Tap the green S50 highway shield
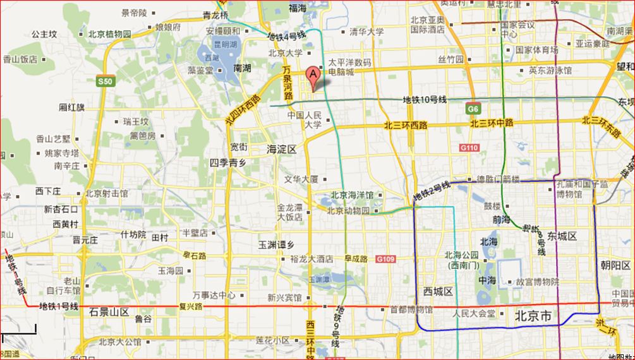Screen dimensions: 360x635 pyautogui.click(x=105, y=81)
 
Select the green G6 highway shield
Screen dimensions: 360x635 pyautogui.click(x=473, y=109)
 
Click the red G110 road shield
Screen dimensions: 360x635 pyautogui.click(x=469, y=147)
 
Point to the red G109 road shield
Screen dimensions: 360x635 pyautogui.click(x=385, y=259)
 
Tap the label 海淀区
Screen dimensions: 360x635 pyautogui.click(x=281, y=149)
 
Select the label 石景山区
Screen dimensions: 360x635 pyautogui.click(x=109, y=311)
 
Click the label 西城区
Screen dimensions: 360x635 pyautogui.click(x=438, y=291)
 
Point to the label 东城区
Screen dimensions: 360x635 pyautogui.click(x=562, y=236)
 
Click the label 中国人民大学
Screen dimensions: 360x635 pyautogui.click(x=305, y=120)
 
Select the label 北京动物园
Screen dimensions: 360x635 pyautogui.click(x=348, y=211)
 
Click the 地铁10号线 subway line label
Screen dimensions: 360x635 pyautogui.click(x=425, y=100)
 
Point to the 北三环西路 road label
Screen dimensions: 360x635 pyautogui.click(x=406, y=126)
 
